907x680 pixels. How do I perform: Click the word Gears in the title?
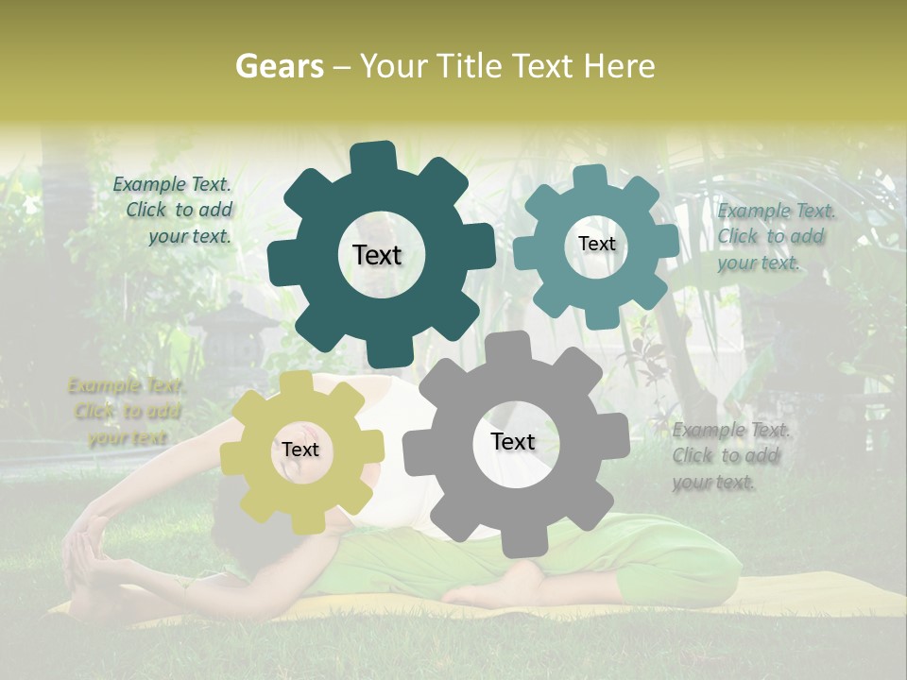279,66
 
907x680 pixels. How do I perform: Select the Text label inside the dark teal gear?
377,255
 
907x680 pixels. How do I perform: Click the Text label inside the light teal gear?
596,244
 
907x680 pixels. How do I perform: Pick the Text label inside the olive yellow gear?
300,450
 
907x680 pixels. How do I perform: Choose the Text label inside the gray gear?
513,441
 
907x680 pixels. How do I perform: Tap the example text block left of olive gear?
127,412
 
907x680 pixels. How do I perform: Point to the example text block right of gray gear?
727,456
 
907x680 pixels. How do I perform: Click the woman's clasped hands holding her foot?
83,542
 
